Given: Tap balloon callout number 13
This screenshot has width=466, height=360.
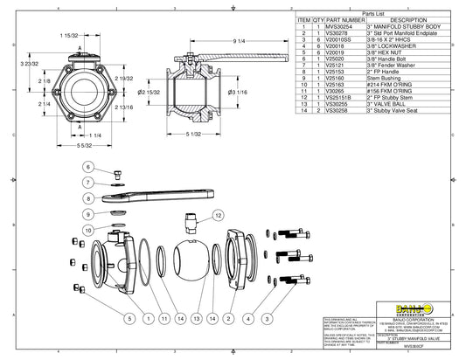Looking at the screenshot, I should tap(199, 318).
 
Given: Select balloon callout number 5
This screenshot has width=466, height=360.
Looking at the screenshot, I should tap(129, 318).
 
